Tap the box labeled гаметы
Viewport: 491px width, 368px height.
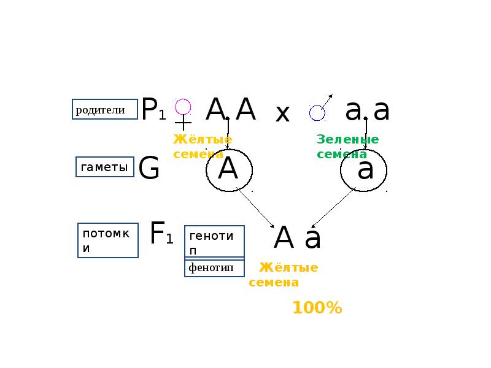105,167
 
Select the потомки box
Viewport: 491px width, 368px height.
108,240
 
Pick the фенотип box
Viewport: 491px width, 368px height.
214,268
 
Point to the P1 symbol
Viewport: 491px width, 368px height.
153,110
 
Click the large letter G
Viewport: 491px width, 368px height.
149,169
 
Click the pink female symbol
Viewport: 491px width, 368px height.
182,114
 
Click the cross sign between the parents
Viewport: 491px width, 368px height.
282,114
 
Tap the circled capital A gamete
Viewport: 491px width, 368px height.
230,170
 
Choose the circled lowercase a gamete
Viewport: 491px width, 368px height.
365,170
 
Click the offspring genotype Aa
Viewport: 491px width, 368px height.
297,238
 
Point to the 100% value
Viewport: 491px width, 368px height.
317,308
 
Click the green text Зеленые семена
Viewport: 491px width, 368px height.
347,147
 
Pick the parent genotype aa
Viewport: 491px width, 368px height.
367,110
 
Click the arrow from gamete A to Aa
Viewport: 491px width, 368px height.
255,209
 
